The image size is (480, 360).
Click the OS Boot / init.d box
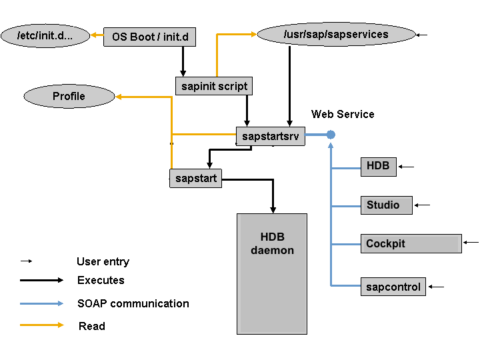coord(149,37)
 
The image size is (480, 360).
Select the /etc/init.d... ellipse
coord(45,35)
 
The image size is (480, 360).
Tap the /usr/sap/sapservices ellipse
coord(335,34)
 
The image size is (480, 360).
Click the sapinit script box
coord(214,86)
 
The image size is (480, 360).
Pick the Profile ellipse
coord(69,96)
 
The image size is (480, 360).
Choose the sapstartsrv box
coord(270,136)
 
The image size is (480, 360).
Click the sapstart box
coord(195,179)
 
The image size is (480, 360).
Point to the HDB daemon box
coord(272,273)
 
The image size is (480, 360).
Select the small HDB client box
coord(378,166)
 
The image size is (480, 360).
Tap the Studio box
coord(386,205)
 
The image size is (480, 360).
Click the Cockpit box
coord(411,243)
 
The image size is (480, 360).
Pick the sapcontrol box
coord(393,287)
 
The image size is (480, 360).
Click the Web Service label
coord(343,114)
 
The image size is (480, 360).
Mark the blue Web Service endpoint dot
coord(331,135)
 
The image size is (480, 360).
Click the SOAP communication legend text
coord(133,303)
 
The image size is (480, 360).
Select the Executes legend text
coord(101,280)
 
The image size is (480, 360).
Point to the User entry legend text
coord(103,261)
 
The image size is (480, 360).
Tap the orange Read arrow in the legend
coord(41,325)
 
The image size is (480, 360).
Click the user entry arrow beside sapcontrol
coord(436,287)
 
